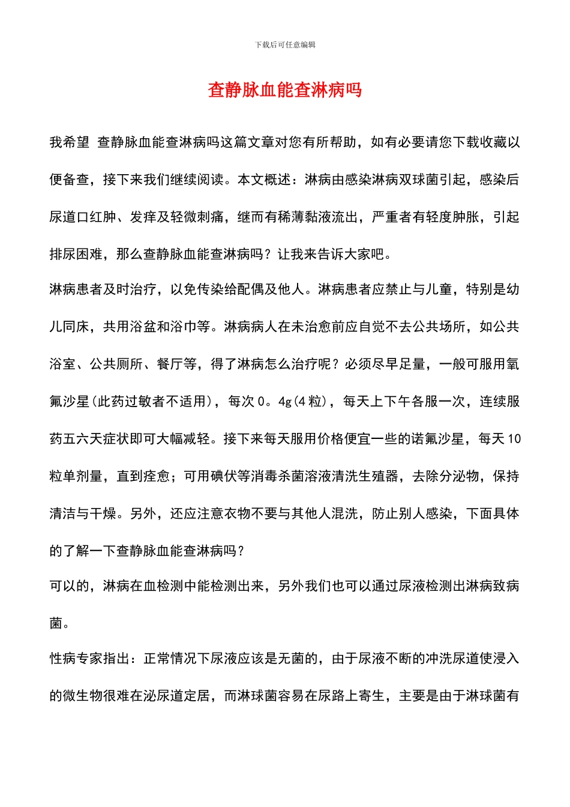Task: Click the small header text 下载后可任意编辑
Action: (x=285, y=45)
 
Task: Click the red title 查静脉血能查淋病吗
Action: (x=285, y=90)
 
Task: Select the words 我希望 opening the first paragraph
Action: (x=70, y=142)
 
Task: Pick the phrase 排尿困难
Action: (x=76, y=254)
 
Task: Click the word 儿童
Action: (x=438, y=289)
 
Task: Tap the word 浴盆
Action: (x=157, y=327)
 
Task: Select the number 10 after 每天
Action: (x=514, y=439)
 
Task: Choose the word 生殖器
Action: (x=379, y=476)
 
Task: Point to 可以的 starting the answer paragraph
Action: (x=70, y=586)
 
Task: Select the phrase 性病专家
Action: (x=76, y=659)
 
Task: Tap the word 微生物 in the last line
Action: (x=83, y=696)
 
